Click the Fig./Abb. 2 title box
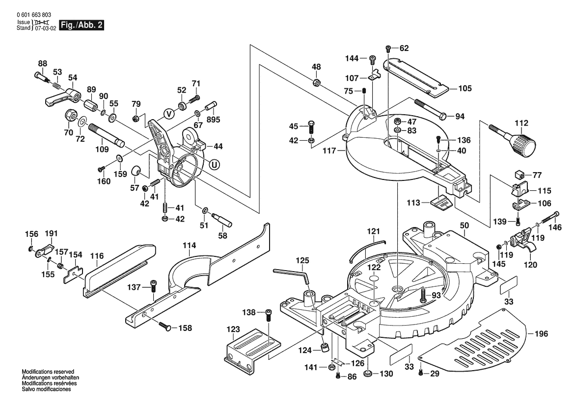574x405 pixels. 82,25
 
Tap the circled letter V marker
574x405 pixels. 168,114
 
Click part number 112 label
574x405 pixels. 521,123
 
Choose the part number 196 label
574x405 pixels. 541,335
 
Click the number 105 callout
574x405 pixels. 465,89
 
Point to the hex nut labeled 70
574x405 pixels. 69,117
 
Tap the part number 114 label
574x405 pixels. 190,245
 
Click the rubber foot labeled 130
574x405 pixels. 367,374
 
